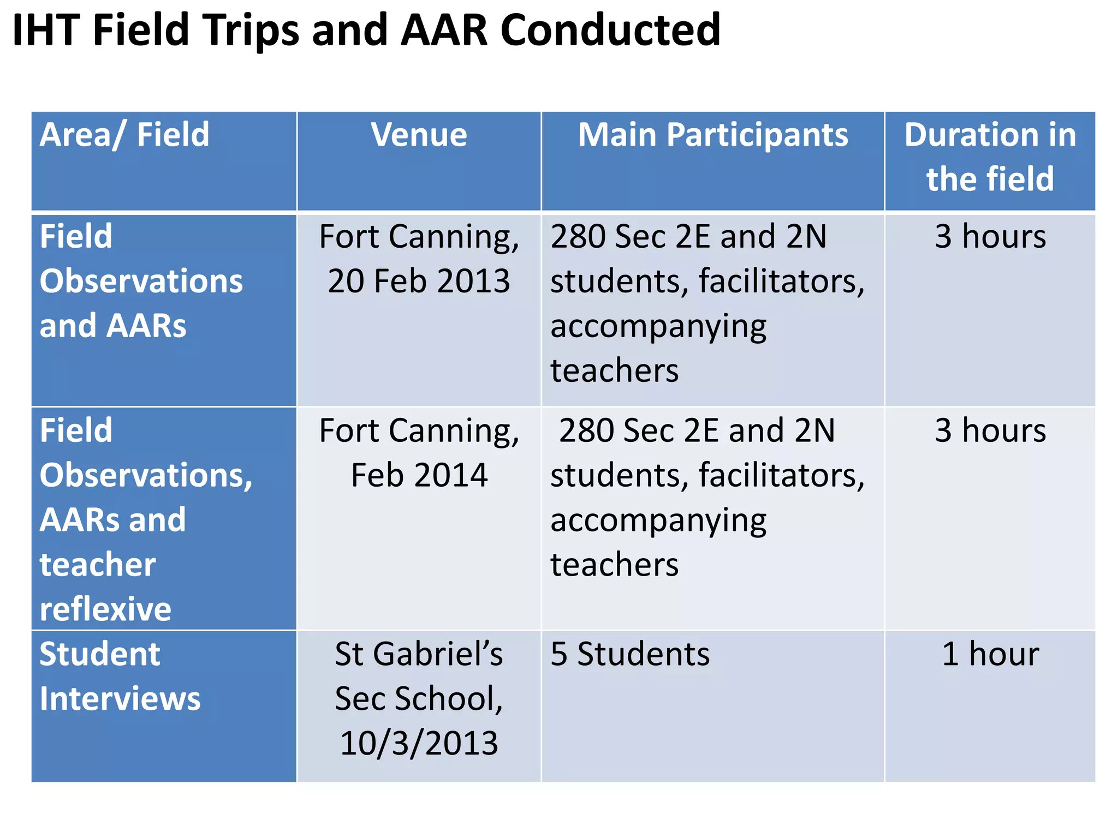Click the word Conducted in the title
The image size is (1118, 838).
(x=610, y=30)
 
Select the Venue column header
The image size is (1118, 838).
(x=419, y=135)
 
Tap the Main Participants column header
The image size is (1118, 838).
(x=712, y=135)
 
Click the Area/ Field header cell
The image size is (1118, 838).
(x=124, y=135)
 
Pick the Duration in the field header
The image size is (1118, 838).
(x=990, y=157)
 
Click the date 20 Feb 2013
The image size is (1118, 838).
(x=419, y=281)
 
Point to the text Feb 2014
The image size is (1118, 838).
(x=419, y=475)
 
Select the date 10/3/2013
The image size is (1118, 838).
(x=419, y=744)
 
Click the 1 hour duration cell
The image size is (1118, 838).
(x=990, y=654)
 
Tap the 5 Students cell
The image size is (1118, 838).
(x=630, y=654)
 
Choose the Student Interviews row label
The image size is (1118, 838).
(x=120, y=677)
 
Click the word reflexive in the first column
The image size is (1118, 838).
(x=105, y=609)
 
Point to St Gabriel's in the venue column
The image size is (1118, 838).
(x=419, y=654)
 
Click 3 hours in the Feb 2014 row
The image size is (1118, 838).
(x=990, y=430)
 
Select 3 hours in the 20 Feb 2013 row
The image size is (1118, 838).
(x=990, y=237)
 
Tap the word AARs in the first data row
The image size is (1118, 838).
(x=146, y=326)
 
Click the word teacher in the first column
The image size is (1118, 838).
(x=98, y=565)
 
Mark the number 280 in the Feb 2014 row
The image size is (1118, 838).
(x=587, y=430)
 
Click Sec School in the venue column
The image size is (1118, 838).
(x=419, y=699)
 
